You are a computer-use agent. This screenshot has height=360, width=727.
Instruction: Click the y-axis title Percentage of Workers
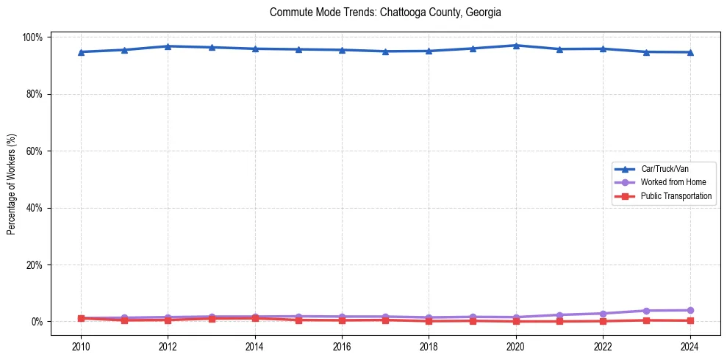[x=12, y=179]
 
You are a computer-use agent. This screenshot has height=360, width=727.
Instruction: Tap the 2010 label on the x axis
[x=81, y=347]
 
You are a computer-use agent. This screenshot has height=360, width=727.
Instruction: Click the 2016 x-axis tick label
[x=342, y=347]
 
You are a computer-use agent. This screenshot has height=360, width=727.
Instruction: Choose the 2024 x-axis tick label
[x=690, y=347]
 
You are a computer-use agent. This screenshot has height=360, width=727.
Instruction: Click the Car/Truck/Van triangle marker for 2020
[x=516, y=46]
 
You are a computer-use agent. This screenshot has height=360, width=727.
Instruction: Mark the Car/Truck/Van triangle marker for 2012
[x=168, y=46]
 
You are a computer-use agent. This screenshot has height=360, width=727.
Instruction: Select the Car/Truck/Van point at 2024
[x=690, y=52]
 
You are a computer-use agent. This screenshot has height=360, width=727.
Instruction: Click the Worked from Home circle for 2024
[x=690, y=310]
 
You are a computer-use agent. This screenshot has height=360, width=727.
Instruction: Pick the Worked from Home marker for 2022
[x=603, y=314]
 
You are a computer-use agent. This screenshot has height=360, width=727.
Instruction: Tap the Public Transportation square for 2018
[x=429, y=321]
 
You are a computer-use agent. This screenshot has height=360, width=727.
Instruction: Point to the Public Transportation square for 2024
[x=690, y=320]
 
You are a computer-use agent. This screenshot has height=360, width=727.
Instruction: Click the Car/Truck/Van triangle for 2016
[x=342, y=50]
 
